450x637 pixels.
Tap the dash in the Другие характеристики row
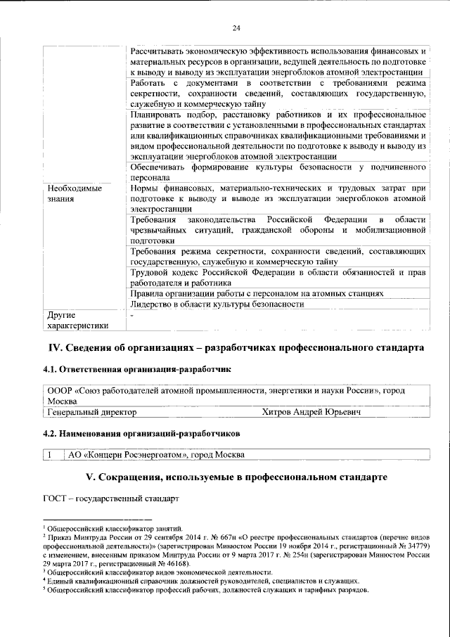pos(132,315)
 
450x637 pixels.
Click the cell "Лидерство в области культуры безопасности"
pos(217,304)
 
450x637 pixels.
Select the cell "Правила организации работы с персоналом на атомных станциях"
pos(257,293)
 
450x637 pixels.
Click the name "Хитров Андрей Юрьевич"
pos(311,412)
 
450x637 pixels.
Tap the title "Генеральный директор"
pos(91,412)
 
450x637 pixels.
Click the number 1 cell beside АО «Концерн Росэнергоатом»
pos(53,454)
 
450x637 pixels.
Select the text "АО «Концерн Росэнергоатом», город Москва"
pos(156,454)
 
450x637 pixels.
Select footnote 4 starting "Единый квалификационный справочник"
pos(202,581)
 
